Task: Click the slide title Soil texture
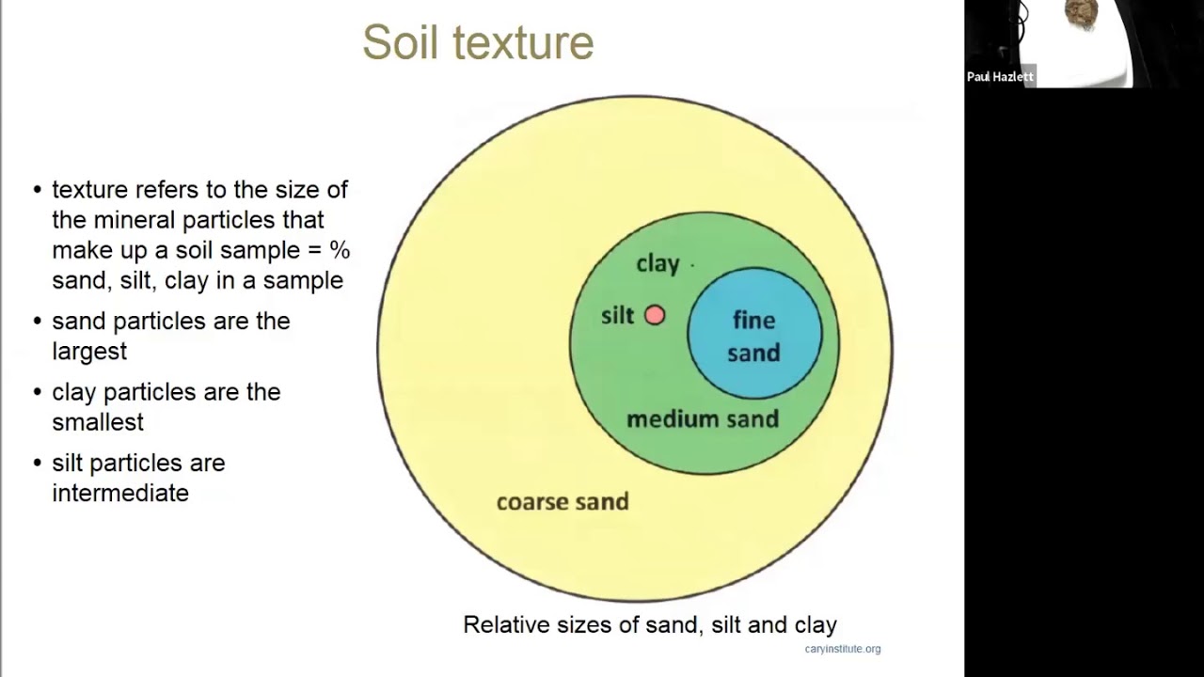click(478, 42)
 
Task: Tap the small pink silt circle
click(655, 316)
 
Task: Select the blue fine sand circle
click(754, 336)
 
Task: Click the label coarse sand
click(562, 501)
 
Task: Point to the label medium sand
click(703, 418)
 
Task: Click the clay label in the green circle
click(657, 264)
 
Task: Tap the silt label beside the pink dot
click(618, 316)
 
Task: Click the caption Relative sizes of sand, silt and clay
click(650, 624)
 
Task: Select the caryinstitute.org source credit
click(843, 649)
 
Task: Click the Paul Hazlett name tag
click(1000, 77)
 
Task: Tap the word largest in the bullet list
click(89, 351)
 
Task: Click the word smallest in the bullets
click(98, 422)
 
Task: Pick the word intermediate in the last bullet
click(120, 493)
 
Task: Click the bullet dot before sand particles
click(38, 322)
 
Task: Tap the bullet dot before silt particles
click(38, 464)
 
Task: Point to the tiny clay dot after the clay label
click(692, 266)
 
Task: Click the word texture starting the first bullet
click(89, 190)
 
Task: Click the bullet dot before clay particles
click(38, 392)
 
